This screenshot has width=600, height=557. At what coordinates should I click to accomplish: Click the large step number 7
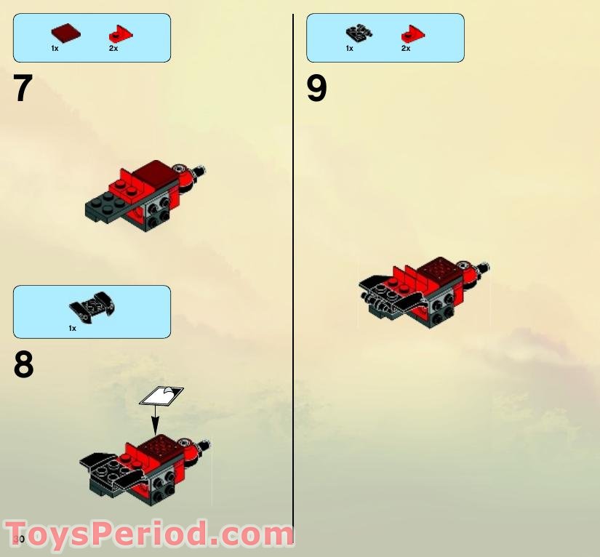click(x=23, y=89)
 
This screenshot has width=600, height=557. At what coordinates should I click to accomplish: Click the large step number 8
click(x=23, y=365)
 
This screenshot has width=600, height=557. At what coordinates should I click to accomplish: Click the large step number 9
click(x=317, y=89)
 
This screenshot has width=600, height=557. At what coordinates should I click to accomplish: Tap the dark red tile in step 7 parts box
click(x=65, y=32)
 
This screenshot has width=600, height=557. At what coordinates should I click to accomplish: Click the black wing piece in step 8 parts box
click(x=92, y=308)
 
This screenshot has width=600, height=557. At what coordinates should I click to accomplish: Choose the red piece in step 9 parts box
click(x=412, y=33)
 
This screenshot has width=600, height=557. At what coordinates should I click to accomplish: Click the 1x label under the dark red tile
click(x=55, y=49)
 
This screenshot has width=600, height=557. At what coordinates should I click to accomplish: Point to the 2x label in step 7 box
click(x=113, y=49)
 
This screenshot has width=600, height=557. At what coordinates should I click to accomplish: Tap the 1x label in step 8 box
click(x=72, y=329)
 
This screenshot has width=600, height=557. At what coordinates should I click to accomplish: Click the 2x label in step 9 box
click(x=406, y=49)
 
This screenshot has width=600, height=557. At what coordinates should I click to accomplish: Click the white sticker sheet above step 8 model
click(x=161, y=395)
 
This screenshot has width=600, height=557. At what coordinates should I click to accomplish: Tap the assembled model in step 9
click(x=422, y=291)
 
